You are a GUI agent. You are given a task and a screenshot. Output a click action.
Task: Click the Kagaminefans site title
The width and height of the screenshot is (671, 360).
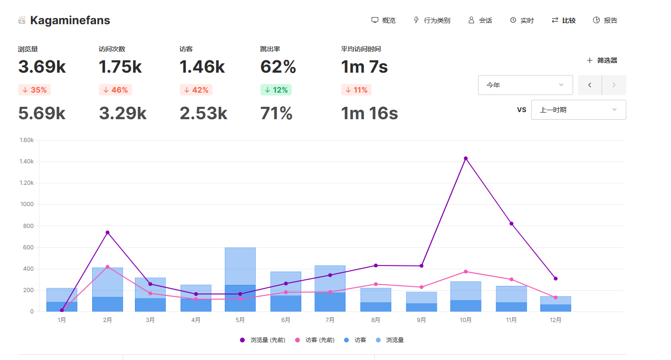pyautogui.click(x=70, y=20)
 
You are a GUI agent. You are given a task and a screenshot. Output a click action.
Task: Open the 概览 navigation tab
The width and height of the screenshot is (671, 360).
pyautogui.click(x=383, y=20)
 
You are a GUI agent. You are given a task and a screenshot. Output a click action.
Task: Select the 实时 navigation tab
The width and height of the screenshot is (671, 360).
pyautogui.click(x=522, y=20)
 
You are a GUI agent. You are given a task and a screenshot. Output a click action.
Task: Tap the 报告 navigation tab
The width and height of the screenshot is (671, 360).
pyautogui.click(x=605, y=20)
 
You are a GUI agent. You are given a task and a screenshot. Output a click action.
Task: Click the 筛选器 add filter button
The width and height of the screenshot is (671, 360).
pyautogui.click(x=602, y=60)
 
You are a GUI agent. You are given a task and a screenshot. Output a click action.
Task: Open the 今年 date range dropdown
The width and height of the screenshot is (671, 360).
pyautogui.click(x=526, y=85)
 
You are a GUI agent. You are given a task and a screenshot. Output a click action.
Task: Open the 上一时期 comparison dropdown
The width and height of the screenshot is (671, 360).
pyautogui.click(x=578, y=110)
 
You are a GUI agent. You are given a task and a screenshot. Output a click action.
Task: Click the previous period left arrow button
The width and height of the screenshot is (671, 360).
pyautogui.click(x=590, y=85)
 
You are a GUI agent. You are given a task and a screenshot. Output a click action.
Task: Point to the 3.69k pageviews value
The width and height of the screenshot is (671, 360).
pyautogui.click(x=42, y=66)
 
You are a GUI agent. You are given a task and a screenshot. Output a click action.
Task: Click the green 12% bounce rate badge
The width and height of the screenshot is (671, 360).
pyautogui.click(x=276, y=90)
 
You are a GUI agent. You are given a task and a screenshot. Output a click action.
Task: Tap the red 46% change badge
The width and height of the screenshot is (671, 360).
pyautogui.click(x=115, y=90)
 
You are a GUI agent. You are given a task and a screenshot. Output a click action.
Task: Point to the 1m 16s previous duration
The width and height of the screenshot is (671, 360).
pyautogui.click(x=369, y=113)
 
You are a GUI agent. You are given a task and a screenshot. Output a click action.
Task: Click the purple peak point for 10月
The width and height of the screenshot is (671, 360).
pyautogui.click(x=466, y=159)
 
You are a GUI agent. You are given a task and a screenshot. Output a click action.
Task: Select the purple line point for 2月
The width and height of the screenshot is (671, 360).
pyautogui.click(x=107, y=232)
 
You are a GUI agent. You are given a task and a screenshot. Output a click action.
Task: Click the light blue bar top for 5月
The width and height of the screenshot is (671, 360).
pyautogui.click(x=240, y=248)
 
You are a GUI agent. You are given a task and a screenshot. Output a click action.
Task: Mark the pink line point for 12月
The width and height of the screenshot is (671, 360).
pyautogui.click(x=556, y=297)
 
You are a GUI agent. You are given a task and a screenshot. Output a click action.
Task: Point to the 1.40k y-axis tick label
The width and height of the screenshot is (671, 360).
pyautogui.click(x=27, y=161)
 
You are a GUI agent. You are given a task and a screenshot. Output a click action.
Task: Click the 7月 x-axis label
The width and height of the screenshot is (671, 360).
pyautogui.click(x=330, y=320)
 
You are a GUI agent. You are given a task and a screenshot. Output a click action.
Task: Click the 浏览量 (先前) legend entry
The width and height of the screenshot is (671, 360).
pyautogui.click(x=263, y=340)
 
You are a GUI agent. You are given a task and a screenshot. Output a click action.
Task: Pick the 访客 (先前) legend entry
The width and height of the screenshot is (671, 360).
pyautogui.click(x=315, y=340)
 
